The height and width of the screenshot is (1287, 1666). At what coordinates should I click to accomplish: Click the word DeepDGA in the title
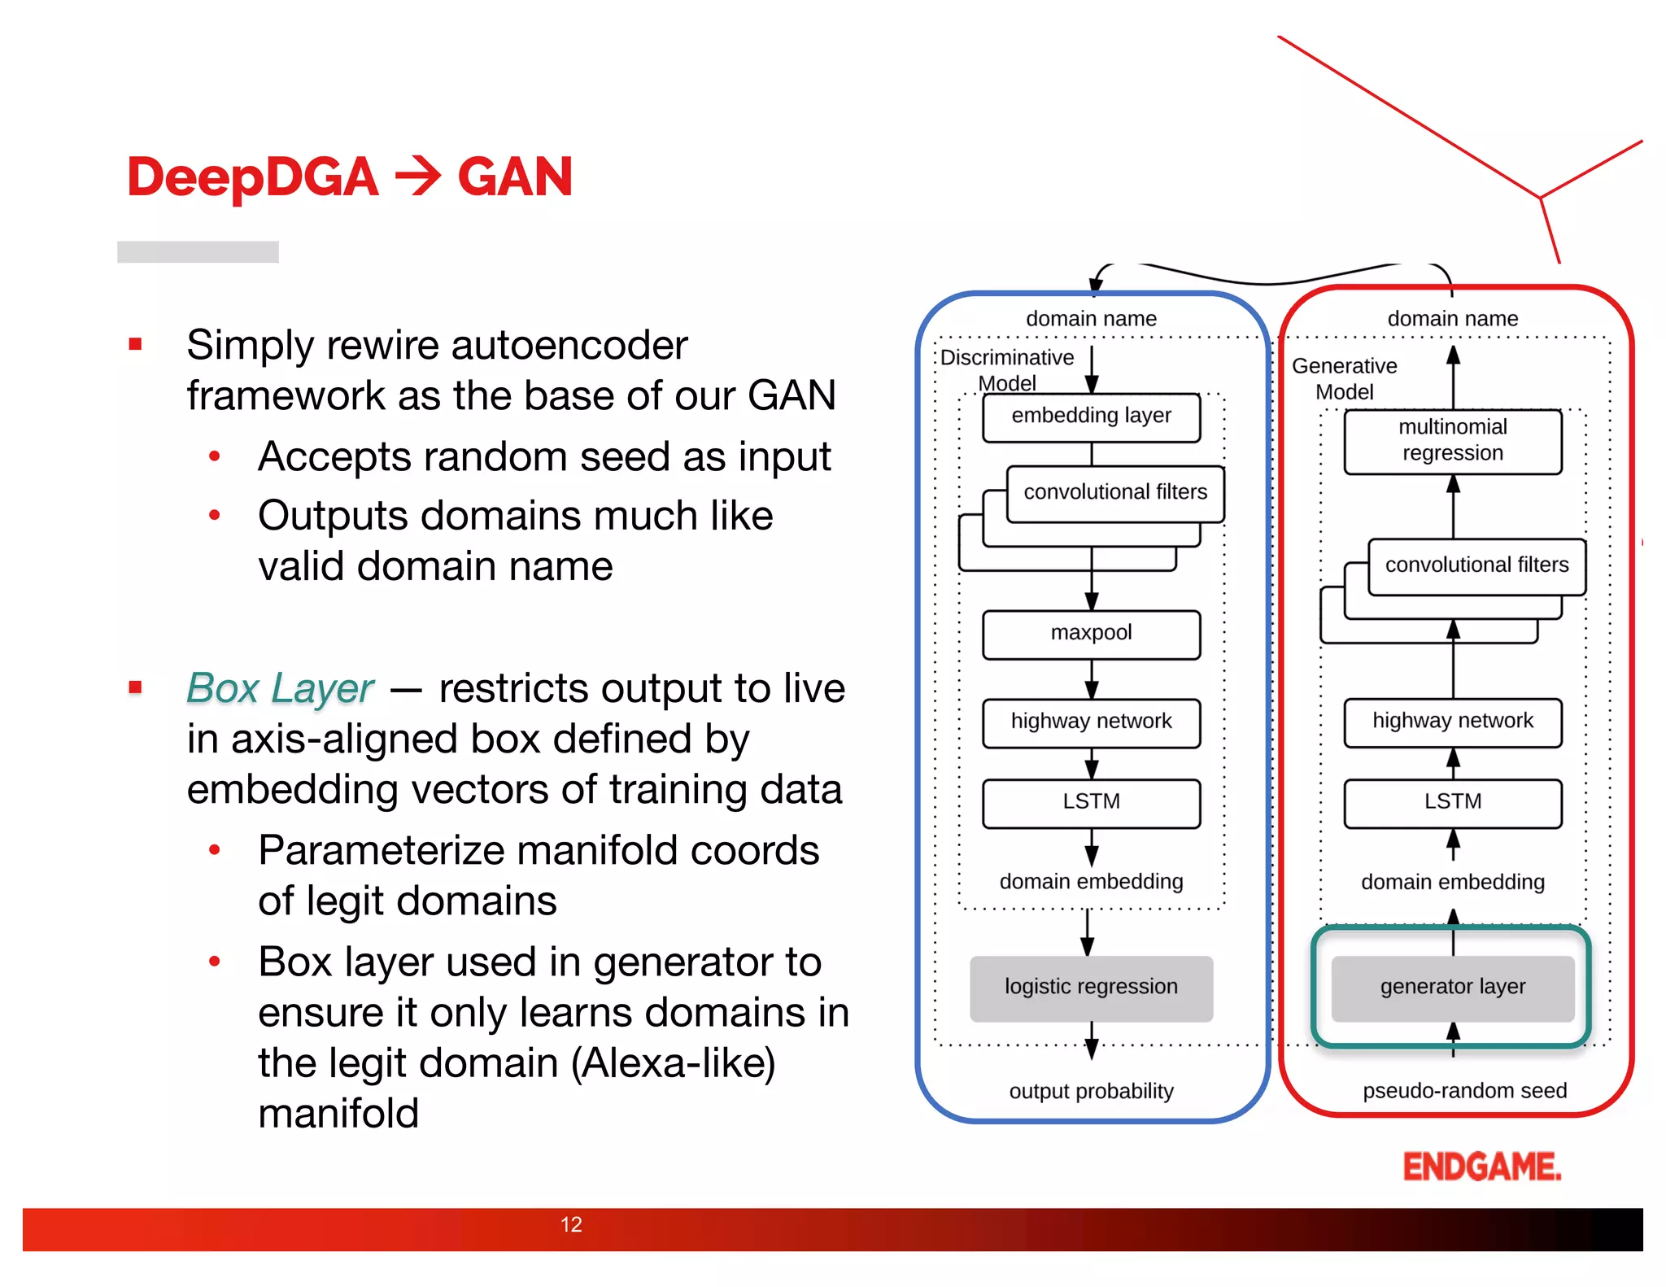[252, 177]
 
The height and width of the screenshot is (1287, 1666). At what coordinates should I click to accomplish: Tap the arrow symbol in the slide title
[417, 177]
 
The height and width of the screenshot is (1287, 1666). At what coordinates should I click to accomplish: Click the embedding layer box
[1091, 417]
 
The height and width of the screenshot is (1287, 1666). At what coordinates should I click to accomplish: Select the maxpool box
[1091, 634]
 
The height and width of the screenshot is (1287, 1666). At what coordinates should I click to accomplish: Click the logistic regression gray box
[1091, 988]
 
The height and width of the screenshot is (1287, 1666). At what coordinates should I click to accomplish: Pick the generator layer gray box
[1452, 988]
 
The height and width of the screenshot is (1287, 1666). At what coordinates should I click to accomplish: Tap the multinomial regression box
[1452, 441]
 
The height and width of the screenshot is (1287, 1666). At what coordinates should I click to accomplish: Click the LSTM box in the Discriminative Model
[1091, 803]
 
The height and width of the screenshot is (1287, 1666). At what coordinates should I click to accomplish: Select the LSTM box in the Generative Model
[1452, 803]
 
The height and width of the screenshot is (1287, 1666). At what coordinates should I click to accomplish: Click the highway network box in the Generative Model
[1452, 722]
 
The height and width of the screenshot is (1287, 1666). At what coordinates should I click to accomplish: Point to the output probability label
[1091, 1092]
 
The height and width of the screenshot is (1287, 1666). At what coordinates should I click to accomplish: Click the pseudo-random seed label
[1463, 1092]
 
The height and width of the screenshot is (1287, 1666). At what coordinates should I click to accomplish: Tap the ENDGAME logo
[1481, 1167]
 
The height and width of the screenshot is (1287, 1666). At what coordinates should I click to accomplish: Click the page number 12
[571, 1224]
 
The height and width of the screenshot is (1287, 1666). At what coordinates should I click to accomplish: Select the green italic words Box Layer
[280, 689]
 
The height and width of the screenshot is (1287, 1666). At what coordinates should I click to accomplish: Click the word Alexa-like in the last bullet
[674, 1063]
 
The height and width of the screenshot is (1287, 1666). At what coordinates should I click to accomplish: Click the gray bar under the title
[198, 251]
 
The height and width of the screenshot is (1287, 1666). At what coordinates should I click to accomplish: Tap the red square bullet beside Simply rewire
[135, 345]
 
